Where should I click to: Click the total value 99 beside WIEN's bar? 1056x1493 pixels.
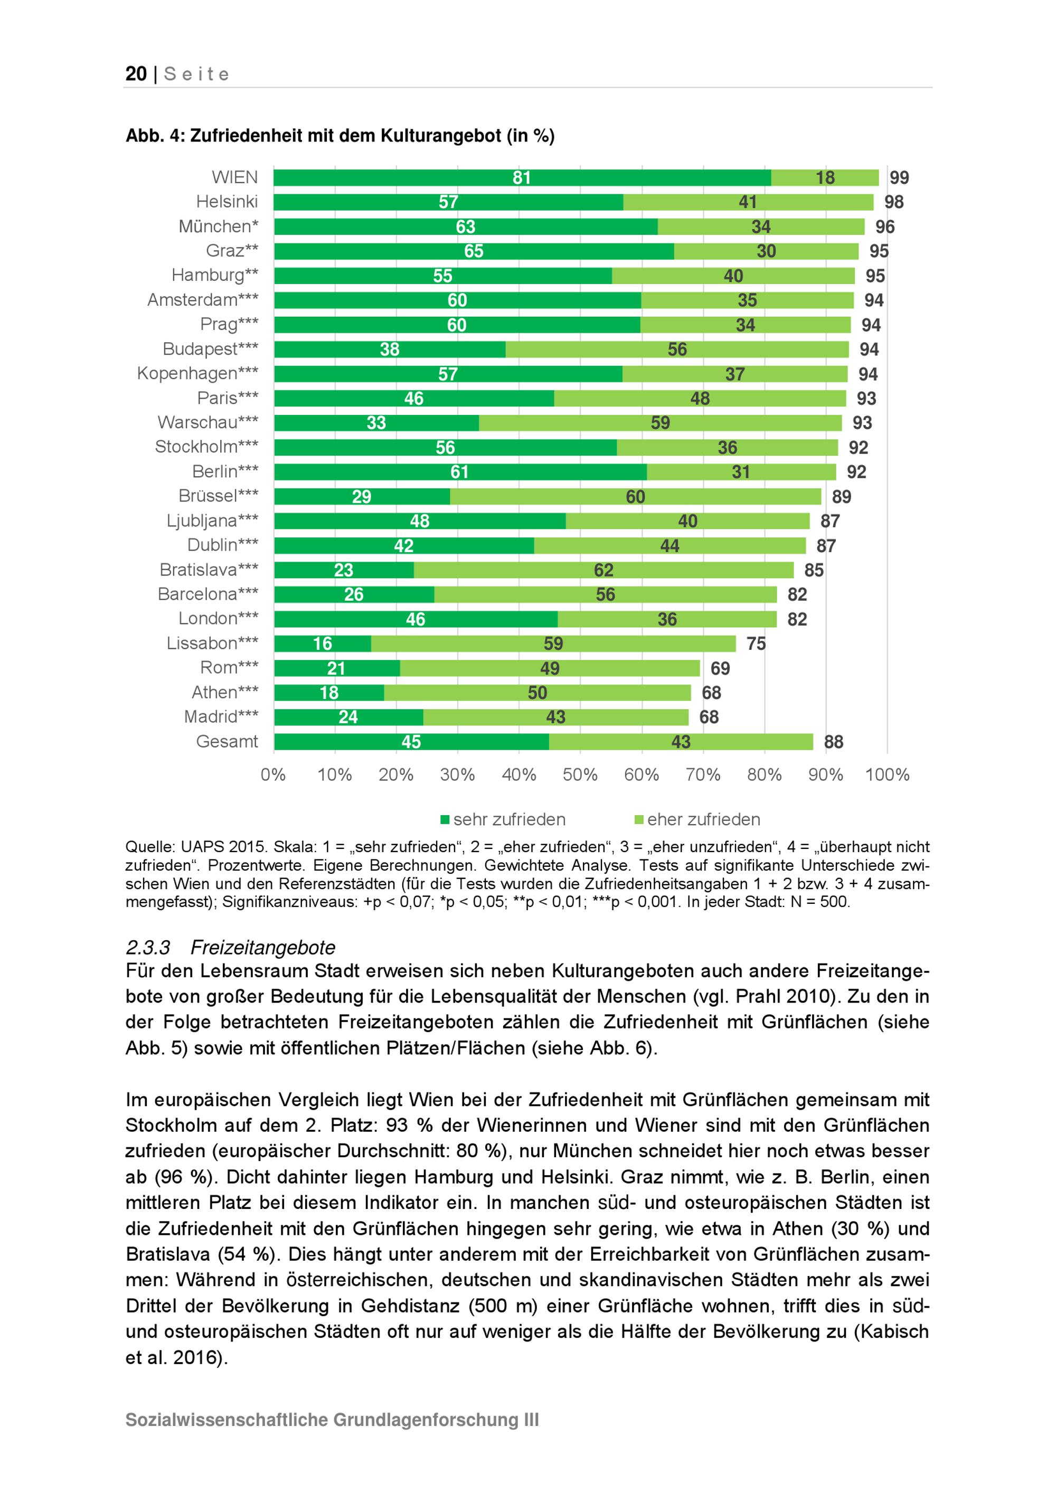point(899,177)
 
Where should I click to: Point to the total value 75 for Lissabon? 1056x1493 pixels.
point(756,644)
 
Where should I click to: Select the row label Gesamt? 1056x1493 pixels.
point(227,741)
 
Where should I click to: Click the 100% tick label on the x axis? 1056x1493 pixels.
point(887,774)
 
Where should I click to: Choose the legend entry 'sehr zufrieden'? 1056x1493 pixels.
point(508,819)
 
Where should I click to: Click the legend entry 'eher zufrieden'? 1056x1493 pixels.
point(703,819)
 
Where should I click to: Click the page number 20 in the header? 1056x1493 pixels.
point(136,74)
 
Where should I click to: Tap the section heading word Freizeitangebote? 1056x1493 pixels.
point(263,948)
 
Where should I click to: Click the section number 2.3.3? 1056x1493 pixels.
point(148,948)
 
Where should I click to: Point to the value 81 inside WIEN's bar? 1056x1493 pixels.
point(522,177)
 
